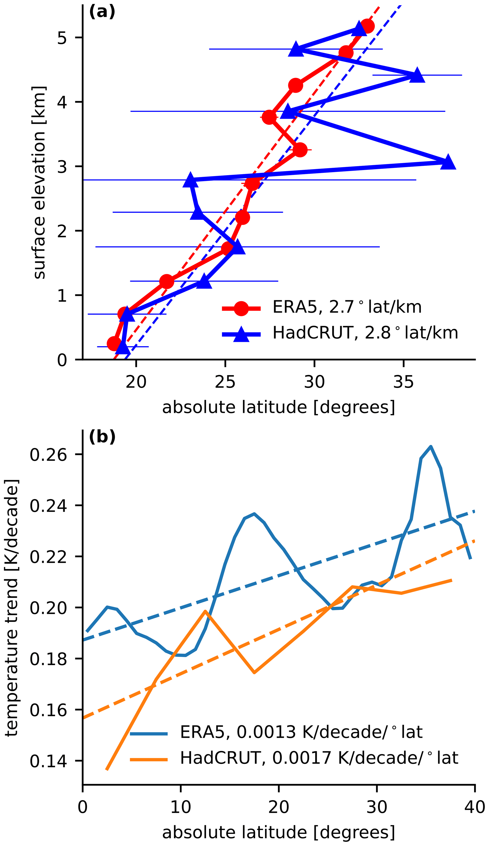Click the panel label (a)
tap(102, 13)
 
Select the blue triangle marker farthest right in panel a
tap(448, 163)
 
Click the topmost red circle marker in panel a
tap(367, 26)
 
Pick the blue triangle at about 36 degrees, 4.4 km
tap(417, 75)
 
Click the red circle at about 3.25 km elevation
tap(300, 150)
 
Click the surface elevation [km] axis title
tap(40, 183)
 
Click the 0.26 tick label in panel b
tap(48, 455)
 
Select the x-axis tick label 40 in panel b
tap(475, 807)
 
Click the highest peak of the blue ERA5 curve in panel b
tap(431, 446)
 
